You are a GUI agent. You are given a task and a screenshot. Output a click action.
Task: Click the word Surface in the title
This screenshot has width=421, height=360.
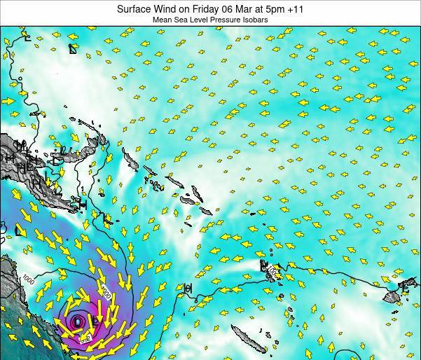134,9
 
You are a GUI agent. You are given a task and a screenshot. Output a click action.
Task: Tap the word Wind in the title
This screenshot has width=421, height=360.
166,9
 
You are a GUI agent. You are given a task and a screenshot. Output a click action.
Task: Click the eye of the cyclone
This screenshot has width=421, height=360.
77,322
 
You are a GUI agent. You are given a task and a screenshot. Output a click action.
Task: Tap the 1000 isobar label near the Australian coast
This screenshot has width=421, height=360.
28,279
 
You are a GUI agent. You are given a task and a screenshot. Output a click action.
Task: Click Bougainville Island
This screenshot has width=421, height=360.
130,159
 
